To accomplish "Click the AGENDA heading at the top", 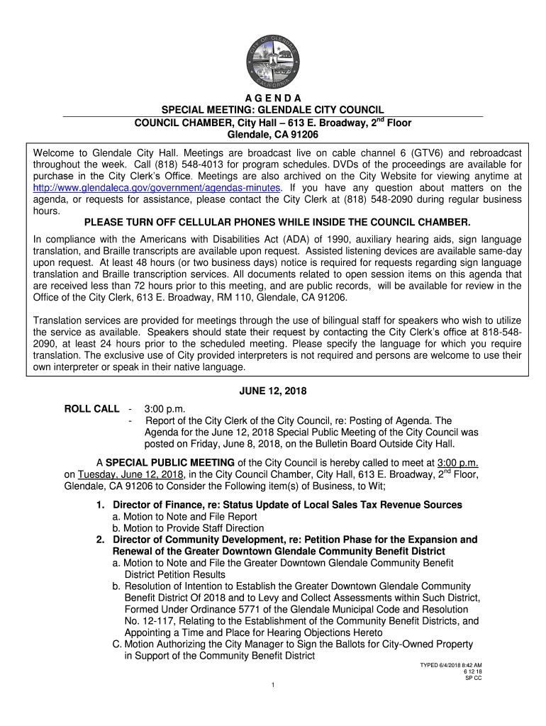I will (x=273, y=97).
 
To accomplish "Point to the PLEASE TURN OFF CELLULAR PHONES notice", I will (x=273, y=222).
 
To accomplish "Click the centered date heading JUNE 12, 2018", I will (x=273, y=393).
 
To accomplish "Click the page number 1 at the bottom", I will (x=273, y=684).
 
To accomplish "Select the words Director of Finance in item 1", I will (x=158, y=505).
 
